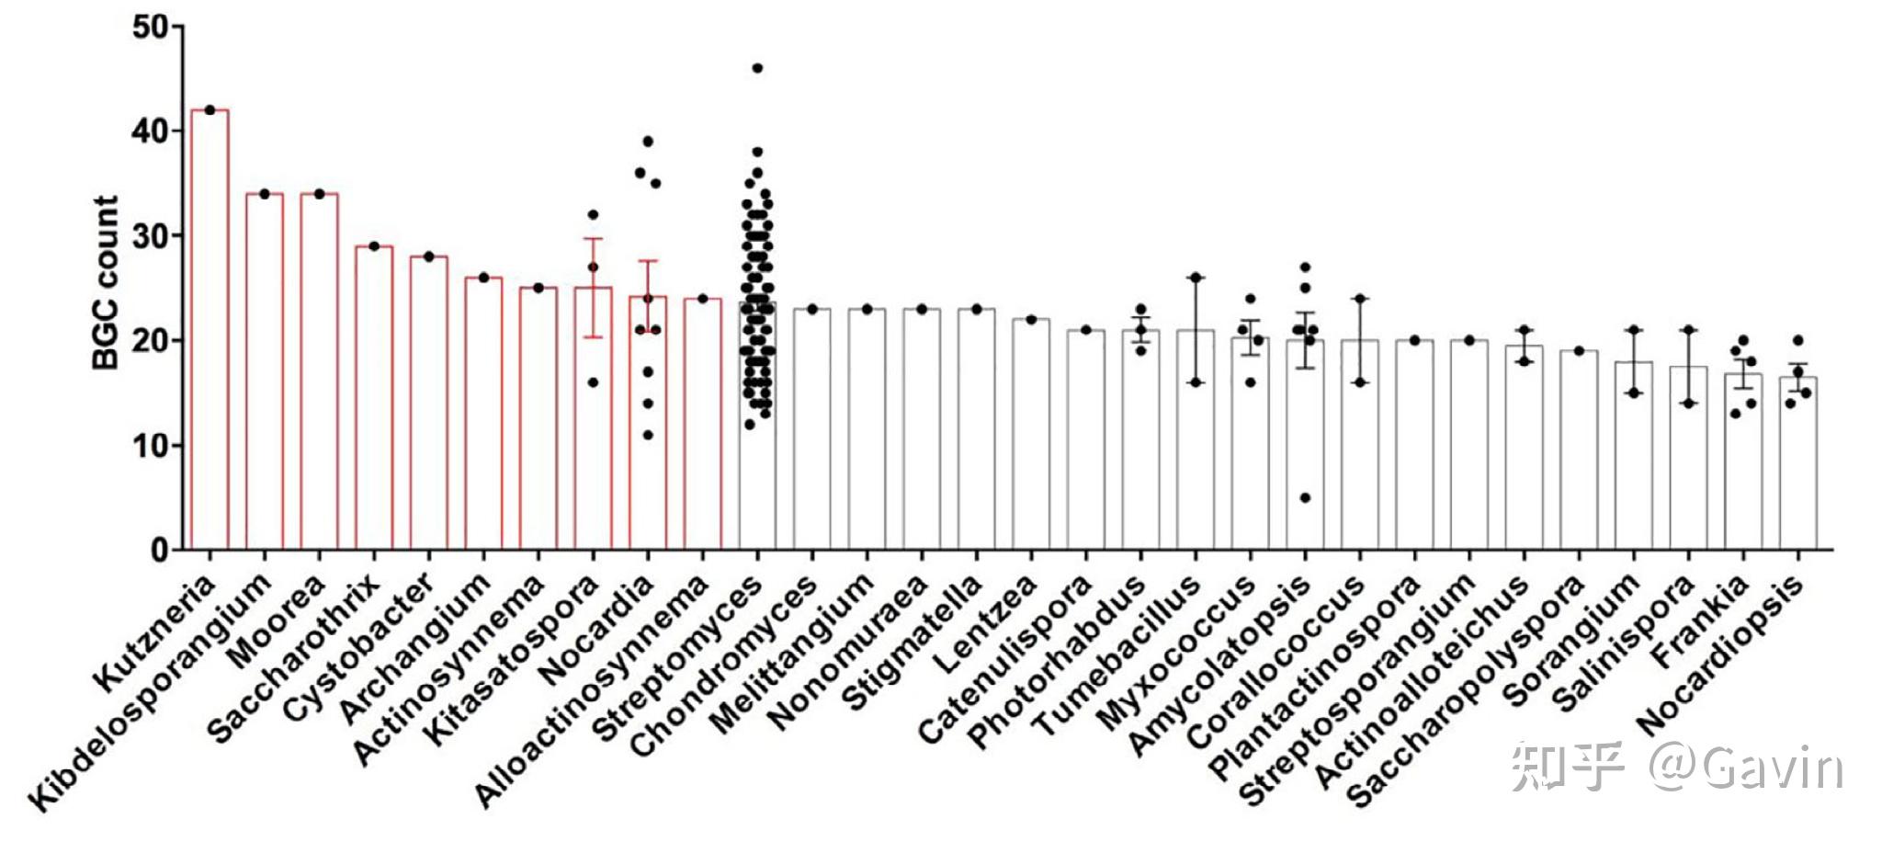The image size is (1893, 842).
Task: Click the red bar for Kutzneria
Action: pyautogui.click(x=210, y=331)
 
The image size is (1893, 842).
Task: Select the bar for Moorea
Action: pyautogui.click(x=319, y=372)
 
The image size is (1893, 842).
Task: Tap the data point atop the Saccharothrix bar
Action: pyautogui.click(x=374, y=246)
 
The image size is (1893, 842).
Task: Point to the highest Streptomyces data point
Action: pyautogui.click(x=757, y=68)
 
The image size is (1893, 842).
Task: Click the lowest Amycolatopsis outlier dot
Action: pyautogui.click(x=1305, y=497)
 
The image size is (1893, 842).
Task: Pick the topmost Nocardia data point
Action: pyautogui.click(x=648, y=142)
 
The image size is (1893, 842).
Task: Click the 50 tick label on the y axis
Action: pyautogui.click(x=151, y=27)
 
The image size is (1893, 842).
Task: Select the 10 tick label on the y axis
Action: pyautogui.click(x=151, y=446)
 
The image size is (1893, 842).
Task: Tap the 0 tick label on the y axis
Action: pyautogui.click(x=160, y=551)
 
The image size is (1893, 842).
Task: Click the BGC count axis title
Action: pyautogui.click(x=107, y=283)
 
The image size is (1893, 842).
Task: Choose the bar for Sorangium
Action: pyautogui.click(x=1634, y=456)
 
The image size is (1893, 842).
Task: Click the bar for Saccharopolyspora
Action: pyautogui.click(x=1579, y=450)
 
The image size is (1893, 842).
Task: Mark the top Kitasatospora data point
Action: pyautogui.click(x=593, y=215)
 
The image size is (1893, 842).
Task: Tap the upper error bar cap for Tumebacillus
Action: pyautogui.click(x=1196, y=277)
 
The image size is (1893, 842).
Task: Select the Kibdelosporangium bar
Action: pyautogui.click(x=265, y=372)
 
